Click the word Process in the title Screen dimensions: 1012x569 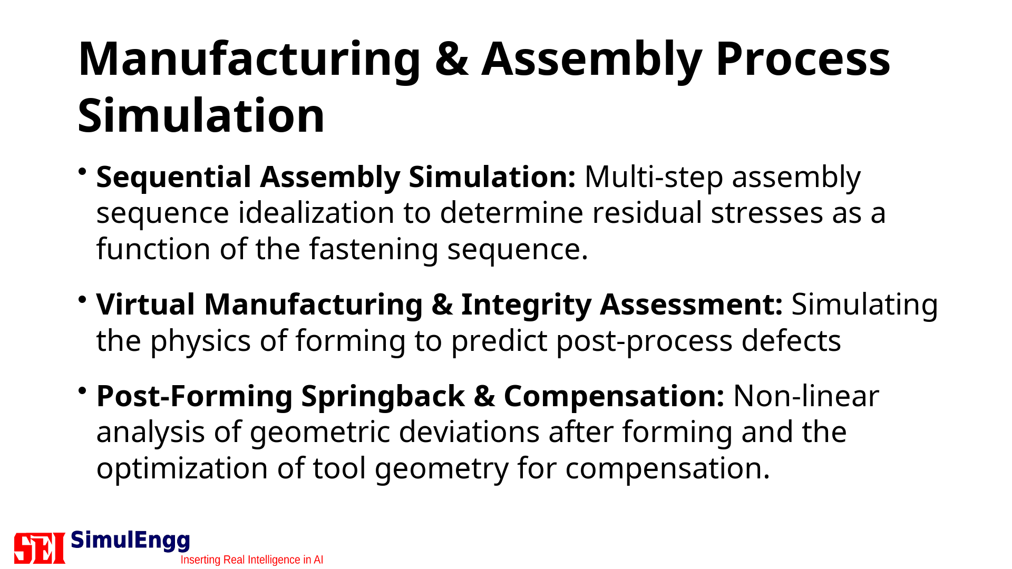803,59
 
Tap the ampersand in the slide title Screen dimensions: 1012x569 452,59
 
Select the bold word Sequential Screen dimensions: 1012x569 174,178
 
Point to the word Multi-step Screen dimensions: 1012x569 654,178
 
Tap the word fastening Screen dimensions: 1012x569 374,250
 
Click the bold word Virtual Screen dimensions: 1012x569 146,305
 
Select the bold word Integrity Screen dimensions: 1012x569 526,306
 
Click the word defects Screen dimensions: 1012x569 791,341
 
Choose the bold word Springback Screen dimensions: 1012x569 383,397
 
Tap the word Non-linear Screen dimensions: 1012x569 806,396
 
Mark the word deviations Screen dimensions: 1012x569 469,433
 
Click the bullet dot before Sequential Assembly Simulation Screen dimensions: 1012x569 82,171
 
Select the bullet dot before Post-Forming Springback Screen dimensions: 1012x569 82,390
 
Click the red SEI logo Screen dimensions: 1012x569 40,548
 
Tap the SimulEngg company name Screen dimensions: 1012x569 130,541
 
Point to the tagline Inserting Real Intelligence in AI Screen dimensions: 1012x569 252,560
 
